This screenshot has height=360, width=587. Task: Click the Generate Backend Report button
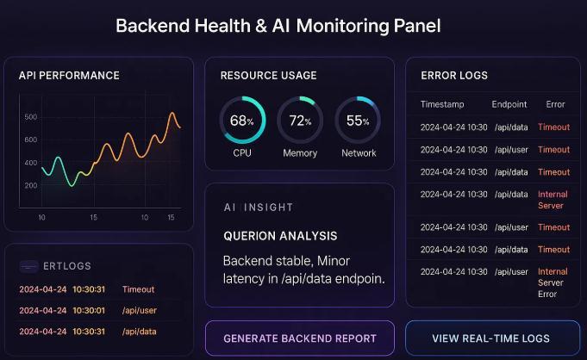point(299,338)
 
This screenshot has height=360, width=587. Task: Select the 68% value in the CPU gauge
point(242,121)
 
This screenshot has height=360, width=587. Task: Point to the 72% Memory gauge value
point(300,121)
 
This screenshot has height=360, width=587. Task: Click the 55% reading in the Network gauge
point(358,121)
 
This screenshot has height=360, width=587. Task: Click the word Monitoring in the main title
point(342,26)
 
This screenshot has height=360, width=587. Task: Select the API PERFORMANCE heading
point(69,76)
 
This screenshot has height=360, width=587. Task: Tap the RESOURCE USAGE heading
point(268,76)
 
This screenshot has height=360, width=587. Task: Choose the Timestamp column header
point(442,104)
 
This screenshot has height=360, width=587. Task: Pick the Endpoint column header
point(509,104)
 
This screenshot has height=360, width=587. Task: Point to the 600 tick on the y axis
point(31,140)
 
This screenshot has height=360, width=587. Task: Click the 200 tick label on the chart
point(31,185)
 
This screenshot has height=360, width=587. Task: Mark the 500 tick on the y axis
point(31,117)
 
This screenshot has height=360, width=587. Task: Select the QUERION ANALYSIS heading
point(280,236)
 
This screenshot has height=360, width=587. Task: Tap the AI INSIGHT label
point(259,208)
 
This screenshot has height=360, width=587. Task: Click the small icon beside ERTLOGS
point(28,266)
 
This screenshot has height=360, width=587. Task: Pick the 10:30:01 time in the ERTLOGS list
point(89,310)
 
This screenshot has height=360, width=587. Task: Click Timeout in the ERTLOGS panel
point(138,289)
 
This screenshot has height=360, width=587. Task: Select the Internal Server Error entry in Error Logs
point(553,282)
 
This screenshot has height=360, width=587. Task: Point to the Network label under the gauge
point(359,153)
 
